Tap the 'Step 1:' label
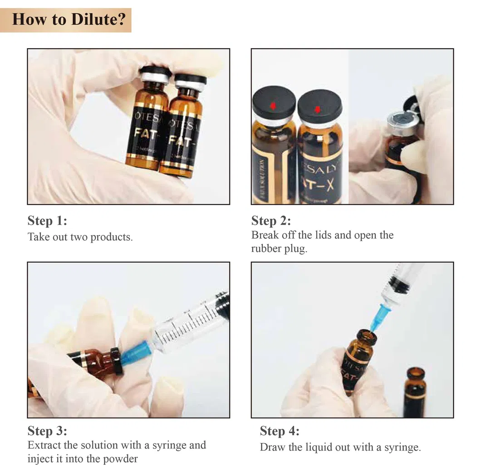tap(47, 221)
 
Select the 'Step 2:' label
tap(271, 221)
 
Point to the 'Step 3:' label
tap(47, 430)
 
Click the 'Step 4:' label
tap(280, 430)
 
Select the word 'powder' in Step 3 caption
tap(122, 458)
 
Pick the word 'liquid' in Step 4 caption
tap(322, 447)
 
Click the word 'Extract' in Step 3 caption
tap(44, 445)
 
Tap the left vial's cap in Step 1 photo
tap(155, 74)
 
